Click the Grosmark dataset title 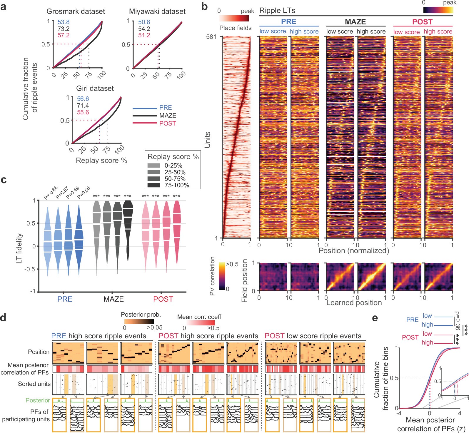(x=76, y=11)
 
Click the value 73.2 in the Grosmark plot (x=64, y=29)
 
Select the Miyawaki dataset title (x=157, y=11)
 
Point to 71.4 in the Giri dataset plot (x=83, y=106)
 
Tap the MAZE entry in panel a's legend (x=168, y=116)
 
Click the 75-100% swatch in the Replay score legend (x=154, y=185)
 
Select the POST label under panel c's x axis (x=163, y=299)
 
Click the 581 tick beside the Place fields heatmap (x=211, y=37)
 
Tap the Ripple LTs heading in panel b (x=277, y=11)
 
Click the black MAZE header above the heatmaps (x=355, y=22)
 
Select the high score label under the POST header (x=438, y=31)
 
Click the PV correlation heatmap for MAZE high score (x=371, y=277)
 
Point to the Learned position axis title (x=354, y=303)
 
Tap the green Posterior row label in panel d (x=38, y=400)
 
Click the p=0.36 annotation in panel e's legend (x=457, y=321)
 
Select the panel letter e (x=375, y=318)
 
